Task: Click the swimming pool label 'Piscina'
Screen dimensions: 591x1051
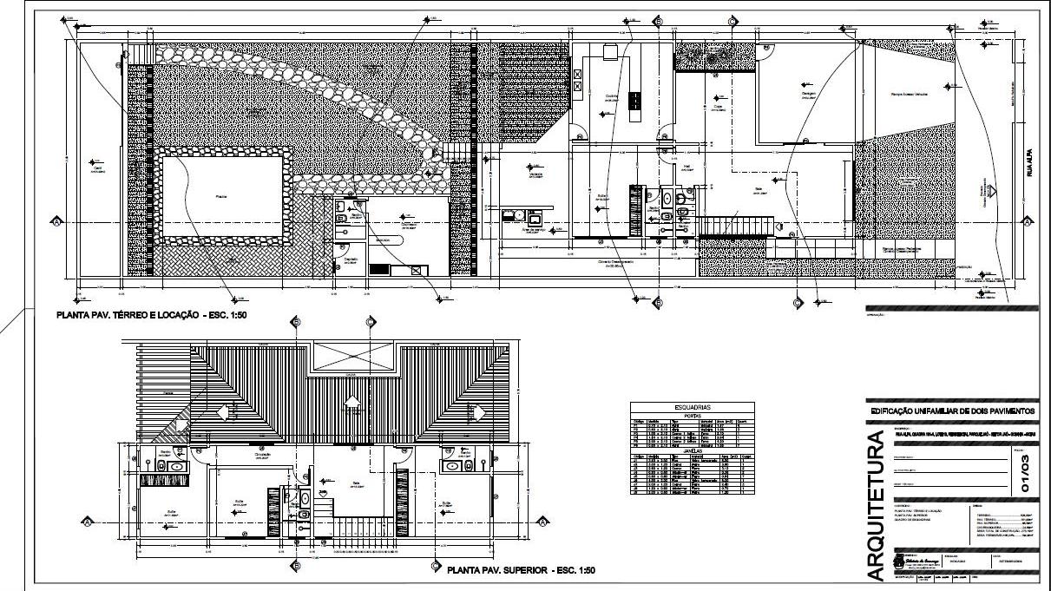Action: pyautogui.click(x=221, y=198)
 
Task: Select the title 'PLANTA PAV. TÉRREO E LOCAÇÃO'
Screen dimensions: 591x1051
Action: pyautogui.click(x=152, y=315)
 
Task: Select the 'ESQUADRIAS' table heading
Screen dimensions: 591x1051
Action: pyautogui.click(x=692, y=406)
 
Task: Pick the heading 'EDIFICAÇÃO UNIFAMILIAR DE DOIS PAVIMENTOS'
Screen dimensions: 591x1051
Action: pyautogui.click(x=952, y=410)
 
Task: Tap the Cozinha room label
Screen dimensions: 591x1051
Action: pyautogui.click(x=610, y=96)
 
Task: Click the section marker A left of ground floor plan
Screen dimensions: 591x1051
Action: pyautogui.click(x=56, y=222)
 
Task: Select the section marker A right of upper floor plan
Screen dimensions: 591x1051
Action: pyautogui.click(x=542, y=522)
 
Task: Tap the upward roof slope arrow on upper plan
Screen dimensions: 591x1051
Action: pyautogui.click(x=351, y=401)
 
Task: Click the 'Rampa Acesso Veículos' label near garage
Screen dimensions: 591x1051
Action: pyautogui.click(x=909, y=94)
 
